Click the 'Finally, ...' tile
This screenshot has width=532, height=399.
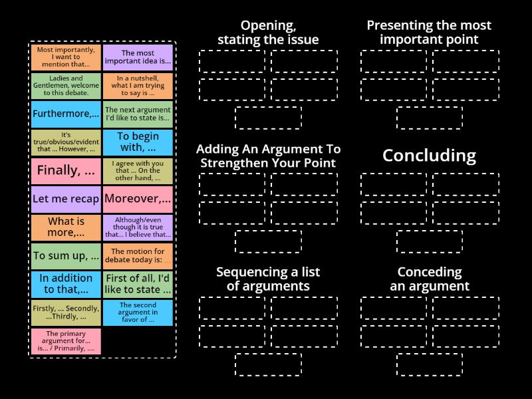pos(66,170)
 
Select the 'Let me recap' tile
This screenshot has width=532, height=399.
pos(66,199)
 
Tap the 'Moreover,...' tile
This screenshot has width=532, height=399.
pos(138,199)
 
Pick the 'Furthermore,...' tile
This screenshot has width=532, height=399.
pos(66,114)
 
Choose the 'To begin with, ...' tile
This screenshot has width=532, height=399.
pos(138,142)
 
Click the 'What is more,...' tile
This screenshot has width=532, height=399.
pos(66,227)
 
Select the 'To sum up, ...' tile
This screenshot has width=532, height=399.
pos(66,255)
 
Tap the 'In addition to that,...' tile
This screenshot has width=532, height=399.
pos(66,284)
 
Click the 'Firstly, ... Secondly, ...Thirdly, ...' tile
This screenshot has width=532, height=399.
pos(66,313)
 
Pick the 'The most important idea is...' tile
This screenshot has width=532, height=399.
pos(138,57)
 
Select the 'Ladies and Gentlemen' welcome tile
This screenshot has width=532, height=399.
pos(66,85)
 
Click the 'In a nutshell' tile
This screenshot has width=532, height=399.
pos(138,85)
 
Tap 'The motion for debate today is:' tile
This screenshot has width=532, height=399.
pos(138,255)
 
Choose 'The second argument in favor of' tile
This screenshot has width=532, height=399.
pos(138,313)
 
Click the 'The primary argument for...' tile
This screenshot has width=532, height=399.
pos(66,340)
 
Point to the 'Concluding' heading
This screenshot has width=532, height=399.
pos(429,156)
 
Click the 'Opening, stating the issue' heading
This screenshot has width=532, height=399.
pos(268,33)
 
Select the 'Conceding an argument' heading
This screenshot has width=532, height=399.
pos(429,279)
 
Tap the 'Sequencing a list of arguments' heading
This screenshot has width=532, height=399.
pos(268,279)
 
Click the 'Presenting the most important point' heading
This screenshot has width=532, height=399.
pos(429,33)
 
